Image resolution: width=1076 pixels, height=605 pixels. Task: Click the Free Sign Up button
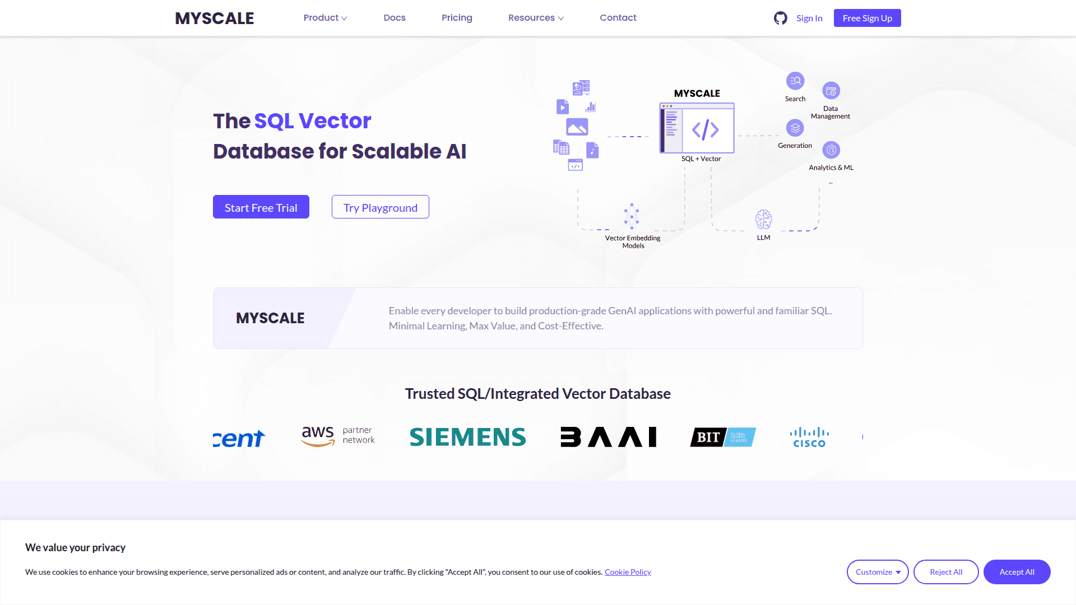867,18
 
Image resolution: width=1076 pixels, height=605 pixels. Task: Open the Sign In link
809,18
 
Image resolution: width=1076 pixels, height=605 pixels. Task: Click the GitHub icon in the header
780,18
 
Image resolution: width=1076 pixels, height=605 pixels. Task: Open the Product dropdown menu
325,18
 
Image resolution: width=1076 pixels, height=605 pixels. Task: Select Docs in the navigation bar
395,18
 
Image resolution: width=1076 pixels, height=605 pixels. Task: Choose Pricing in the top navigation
457,18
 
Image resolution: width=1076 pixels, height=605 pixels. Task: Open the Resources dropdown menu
536,18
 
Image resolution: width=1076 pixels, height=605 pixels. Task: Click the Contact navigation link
618,18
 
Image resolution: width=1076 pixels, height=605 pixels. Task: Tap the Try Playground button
381,207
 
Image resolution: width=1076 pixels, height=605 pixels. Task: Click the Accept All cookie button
1017,572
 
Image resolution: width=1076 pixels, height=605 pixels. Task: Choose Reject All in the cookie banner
946,572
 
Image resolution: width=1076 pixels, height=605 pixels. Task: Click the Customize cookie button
878,572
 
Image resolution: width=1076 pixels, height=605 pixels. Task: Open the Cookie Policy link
628,572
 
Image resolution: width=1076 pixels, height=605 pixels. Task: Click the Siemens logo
468,437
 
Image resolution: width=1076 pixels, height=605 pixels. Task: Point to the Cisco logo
809,437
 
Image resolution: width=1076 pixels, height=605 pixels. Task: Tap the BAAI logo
609,437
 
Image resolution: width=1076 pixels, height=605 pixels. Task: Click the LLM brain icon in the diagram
763,220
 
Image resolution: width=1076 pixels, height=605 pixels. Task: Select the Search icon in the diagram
795,81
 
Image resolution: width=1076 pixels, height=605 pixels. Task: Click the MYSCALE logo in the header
215,18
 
